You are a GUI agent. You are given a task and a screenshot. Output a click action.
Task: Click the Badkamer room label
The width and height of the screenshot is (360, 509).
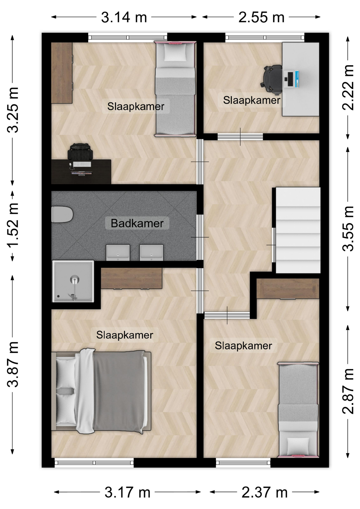tap(137, 223)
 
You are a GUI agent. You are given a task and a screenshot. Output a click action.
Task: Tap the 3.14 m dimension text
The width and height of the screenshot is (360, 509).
tap(124, 17)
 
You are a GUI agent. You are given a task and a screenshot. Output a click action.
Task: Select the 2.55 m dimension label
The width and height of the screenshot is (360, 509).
tap(261, 17)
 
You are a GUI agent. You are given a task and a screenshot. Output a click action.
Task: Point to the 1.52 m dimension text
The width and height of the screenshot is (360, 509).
tap(13, 225)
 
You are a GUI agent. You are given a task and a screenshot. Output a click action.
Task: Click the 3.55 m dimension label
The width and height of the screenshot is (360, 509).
tap(348, 229)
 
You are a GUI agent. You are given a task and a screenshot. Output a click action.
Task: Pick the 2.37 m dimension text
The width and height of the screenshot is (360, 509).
tap(265, 493)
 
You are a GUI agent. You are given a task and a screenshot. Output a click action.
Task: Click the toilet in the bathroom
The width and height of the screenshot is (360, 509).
tap(62, 214)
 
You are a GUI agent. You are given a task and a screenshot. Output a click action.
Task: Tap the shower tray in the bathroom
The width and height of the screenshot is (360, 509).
tap(73, 281)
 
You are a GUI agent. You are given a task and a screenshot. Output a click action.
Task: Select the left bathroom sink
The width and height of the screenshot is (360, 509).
tap(118, 252)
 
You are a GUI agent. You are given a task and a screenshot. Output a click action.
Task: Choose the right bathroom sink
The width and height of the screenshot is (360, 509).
tap(151, 252)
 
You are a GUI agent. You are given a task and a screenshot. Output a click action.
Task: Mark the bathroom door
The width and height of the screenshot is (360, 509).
tap(200, 237)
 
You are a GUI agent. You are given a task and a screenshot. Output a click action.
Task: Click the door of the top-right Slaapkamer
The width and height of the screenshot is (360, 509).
tap(240, 137)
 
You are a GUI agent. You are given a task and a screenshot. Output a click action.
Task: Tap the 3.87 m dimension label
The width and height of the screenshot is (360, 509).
tap(13, 364)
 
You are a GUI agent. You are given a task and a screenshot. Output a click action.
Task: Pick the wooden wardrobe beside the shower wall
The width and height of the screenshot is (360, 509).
tap(131, 278)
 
